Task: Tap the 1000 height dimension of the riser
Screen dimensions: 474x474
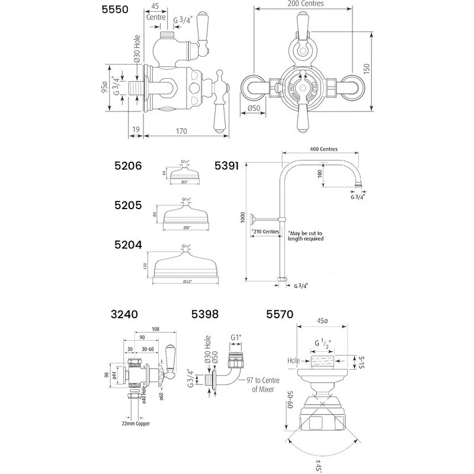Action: pyautogui.click(x=242, y=219)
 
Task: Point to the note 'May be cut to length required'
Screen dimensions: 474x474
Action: pyautogui.click(x=305, y=236)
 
